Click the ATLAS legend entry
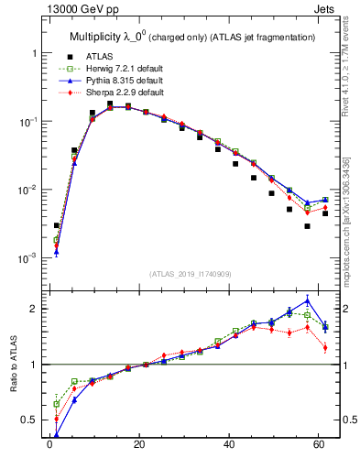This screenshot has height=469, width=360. coord(101,57)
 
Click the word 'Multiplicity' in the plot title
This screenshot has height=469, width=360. coord(100,37)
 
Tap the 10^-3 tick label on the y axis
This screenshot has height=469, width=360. coord(27,259)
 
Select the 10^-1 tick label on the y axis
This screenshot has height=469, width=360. coord(27,123)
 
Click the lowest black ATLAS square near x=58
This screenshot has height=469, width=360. coord(308,226)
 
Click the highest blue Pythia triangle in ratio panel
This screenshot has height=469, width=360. coord(308,300)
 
